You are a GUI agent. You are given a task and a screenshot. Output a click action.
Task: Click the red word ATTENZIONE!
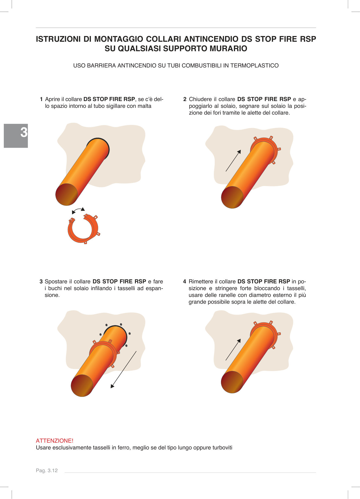[x=54, y=441]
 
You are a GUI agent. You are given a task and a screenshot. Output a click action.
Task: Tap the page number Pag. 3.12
[x=47, y=471]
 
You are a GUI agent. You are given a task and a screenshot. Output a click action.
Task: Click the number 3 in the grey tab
[x=24, y=132]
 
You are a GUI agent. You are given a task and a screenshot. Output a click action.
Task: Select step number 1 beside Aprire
[x=41, y=99]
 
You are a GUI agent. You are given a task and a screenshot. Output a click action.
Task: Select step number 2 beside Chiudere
[x=185, y=99]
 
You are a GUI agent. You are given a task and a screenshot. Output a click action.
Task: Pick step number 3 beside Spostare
[x=41, y=281]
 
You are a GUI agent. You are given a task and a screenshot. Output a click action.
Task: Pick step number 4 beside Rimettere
[x=185, y=281]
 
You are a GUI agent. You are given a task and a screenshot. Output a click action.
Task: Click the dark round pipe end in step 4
[x=232, y=382]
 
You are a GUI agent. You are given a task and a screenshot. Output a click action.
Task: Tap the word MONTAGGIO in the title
[x=119, y=39]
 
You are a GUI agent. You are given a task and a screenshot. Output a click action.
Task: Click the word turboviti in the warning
[x=222, y=448]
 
